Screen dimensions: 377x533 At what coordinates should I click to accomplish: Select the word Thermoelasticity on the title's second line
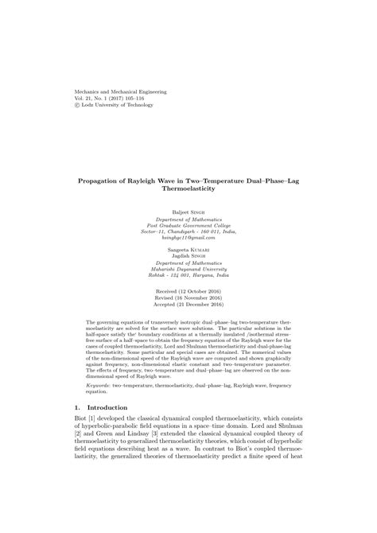tap(188, 189)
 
